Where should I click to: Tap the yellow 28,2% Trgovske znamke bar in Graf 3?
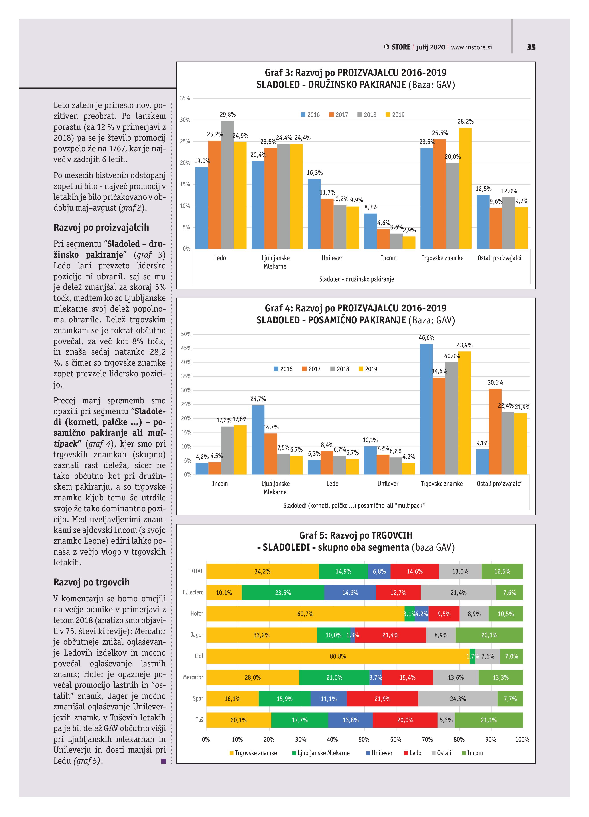pos(465,188)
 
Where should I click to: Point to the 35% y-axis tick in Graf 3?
pos(185,98)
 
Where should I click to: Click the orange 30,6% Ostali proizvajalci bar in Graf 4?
pos(495,431)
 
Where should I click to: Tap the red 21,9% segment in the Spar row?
pos(382,699)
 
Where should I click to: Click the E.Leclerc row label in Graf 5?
pos(193,593)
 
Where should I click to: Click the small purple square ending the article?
pos(164,761)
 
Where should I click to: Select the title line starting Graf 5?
pos(356,535)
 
